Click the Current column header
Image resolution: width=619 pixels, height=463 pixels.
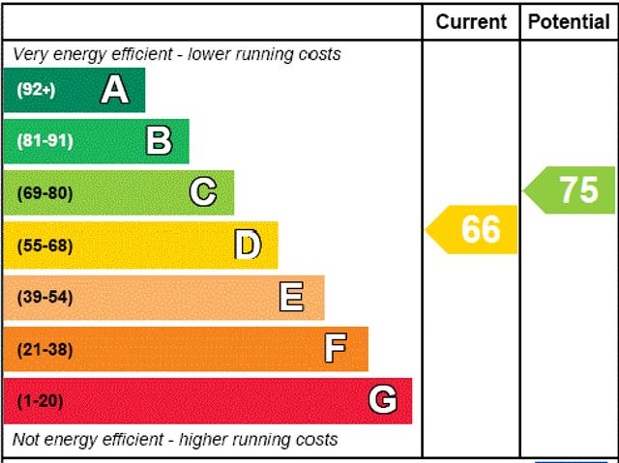pyautogui.click(x=471, y=21)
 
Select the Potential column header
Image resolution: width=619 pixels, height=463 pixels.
pyautogui.click(x=569, y=21)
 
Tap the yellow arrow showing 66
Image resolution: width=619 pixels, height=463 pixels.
pyautogui.click(x=474, y=229)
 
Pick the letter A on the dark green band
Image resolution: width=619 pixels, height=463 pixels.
pyautogui.click(x=114, y=90)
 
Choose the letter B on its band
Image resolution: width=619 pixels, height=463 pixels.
pyautogui.click(x=159, y=141)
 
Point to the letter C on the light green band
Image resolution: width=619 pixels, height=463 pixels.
pyautogui.click(x=203, y=192)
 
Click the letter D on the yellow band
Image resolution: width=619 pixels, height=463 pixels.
pyautogui.click(x=248, y=246)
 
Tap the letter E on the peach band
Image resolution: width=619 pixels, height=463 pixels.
pyautogui.click(x=291, y=297)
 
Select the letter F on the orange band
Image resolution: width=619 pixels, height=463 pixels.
pyautogui.click(x=336, y=349)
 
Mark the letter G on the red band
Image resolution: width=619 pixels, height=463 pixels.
pyautogui.click(x=383, y=400)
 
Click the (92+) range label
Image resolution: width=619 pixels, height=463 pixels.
pyautogui.click(x=36, y=90)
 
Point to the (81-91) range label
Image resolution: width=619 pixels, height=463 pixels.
pyautogui.click(x=44, y=141)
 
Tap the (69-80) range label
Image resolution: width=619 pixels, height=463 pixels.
pyautogui.click(x=44, y=192)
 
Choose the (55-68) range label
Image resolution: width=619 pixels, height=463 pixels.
pyautogui.click(x=44, y=246)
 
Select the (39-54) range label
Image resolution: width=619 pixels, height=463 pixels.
pyautogui.click(x=44, y=297)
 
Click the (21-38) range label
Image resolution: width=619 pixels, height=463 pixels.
pyautogui.click(x=44, y=349)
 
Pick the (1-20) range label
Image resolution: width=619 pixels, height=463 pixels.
pyautogui.click(x=40, y=400)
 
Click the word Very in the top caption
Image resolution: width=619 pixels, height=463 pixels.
pyautogui.click(x=30, y=54)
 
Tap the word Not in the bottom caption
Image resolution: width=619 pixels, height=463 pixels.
pyautogui.click(x=27, y=440)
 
